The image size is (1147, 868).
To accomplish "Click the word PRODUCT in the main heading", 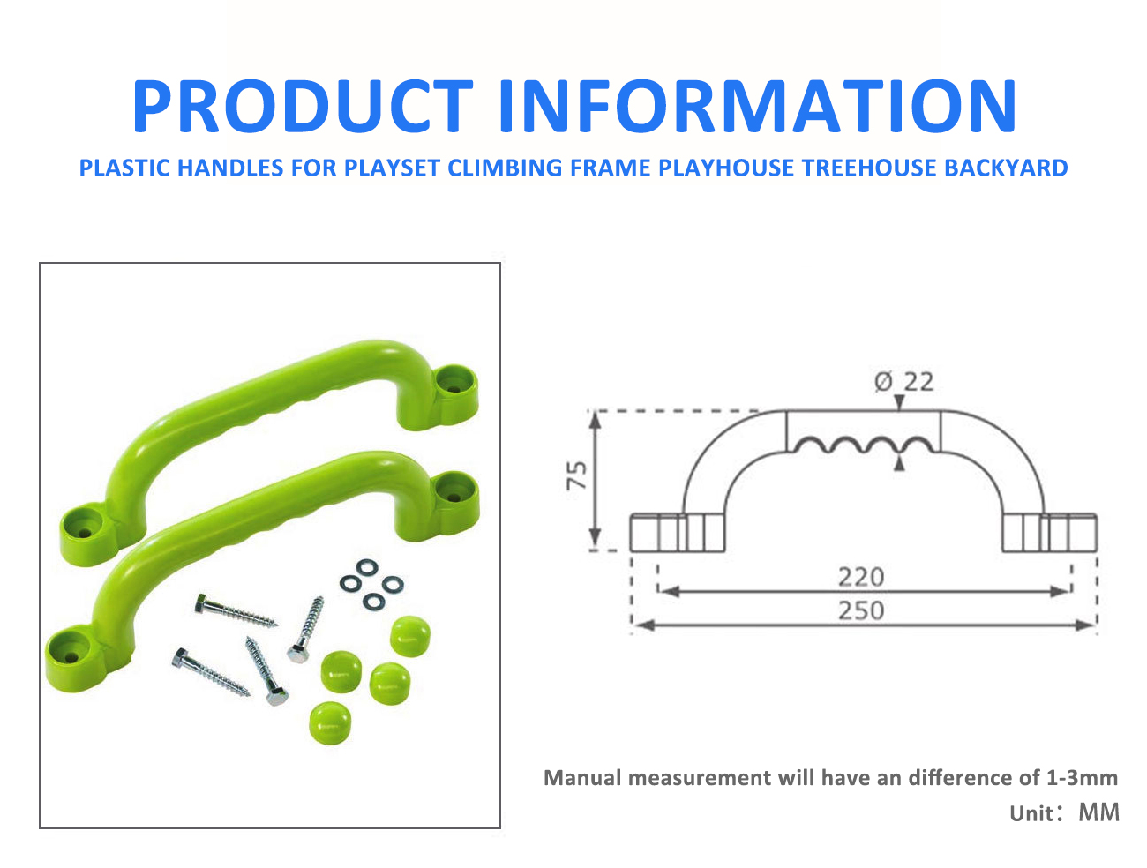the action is [x=303, y=106].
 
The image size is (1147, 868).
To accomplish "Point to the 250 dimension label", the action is [x=860, y=610].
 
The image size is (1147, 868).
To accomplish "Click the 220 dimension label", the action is [x=860, y=577].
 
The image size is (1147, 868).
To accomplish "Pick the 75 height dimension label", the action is [x=577, y=475].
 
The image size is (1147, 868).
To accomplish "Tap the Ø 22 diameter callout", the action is [x=903, y=382].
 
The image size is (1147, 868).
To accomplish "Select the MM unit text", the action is [x=1099, y=812].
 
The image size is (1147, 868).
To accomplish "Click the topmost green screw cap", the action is [x=410, y=636].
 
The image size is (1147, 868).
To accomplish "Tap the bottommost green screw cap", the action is [x=330, y=722].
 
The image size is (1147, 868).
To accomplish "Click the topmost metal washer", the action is [x=366, y=566].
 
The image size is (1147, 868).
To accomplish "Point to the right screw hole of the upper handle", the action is [x=453, y=388].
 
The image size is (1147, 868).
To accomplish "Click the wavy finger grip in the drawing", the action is [x=863, y=445].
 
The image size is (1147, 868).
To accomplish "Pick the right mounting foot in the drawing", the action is [x=1050, y=532].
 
